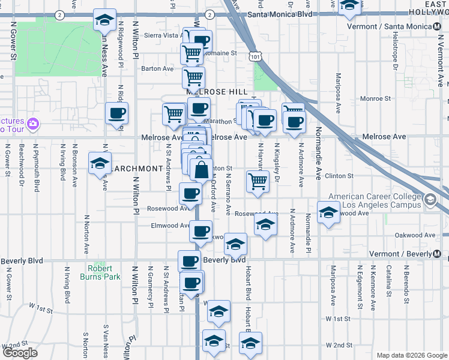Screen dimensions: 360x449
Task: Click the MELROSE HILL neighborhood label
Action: click(217, 92)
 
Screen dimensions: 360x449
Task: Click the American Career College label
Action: click(374, 201)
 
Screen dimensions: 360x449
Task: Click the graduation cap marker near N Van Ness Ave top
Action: click(105, 20)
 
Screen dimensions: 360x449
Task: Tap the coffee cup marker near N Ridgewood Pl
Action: click(116, 113)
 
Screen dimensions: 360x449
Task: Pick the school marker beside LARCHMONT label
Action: click(99, 163)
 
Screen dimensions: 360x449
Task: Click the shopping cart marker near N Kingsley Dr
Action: click(258, 181)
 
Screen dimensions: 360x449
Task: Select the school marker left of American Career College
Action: click(328, 213)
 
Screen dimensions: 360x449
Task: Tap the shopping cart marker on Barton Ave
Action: click(193, 77)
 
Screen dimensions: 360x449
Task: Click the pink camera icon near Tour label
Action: click(33, 124)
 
